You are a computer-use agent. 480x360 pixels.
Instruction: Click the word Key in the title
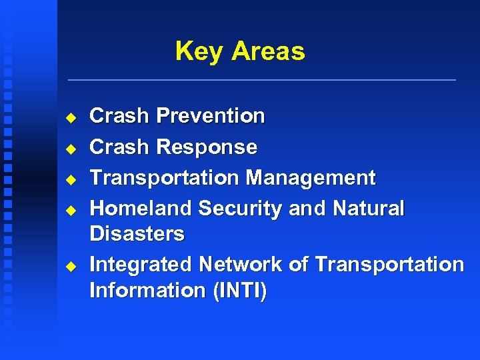click(x=199, y=51)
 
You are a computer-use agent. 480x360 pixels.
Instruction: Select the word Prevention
click(x=210, y=116)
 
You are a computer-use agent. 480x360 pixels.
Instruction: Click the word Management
click(x=310, y=178)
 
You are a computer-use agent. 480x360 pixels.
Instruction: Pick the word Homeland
click(x=141, y=209)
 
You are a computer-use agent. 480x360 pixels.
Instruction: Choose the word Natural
click(x=368, y=209)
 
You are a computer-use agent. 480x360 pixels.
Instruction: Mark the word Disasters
click(x=137, y=234)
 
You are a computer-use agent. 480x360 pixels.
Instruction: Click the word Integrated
click(x=141, y=265)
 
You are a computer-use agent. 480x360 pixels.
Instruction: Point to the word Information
click(x=147, y=291)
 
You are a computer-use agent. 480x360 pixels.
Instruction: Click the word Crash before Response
click(x=119, y=147)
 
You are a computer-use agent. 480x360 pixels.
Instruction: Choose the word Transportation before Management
click(x=164, y=178)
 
